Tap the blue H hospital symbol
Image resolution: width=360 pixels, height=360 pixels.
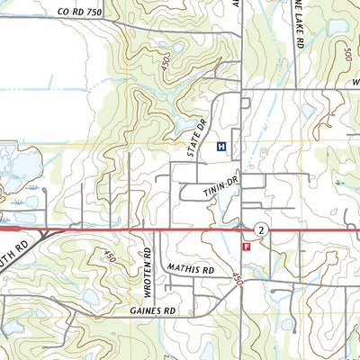coord(221,146)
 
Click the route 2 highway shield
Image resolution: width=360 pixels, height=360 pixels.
coord(260,230)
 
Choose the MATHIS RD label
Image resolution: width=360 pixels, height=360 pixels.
coord(190,268)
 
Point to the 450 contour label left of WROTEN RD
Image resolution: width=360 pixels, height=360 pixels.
coord(111,258)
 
